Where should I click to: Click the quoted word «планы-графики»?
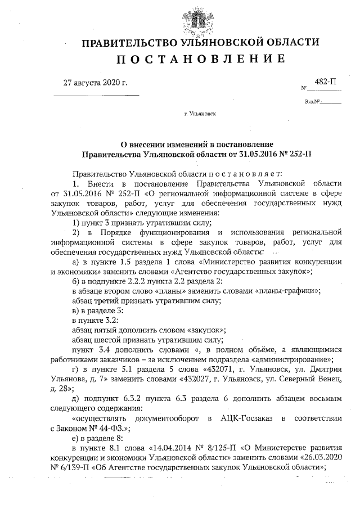click(x=288, y=291)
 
